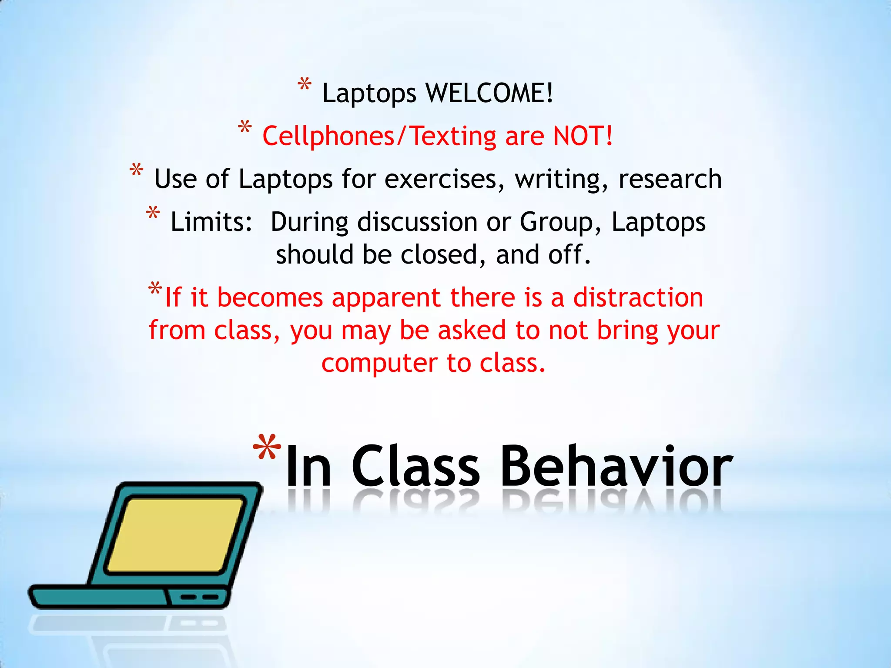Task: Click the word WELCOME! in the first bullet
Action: [489, 93]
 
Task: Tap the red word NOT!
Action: [583, 136]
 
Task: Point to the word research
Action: [670, 179]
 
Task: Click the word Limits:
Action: [211, 222]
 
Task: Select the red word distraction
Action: [638, 298]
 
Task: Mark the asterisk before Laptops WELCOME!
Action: [305, 84]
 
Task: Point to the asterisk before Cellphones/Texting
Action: [245, 127]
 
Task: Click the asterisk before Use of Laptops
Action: [137, 170]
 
